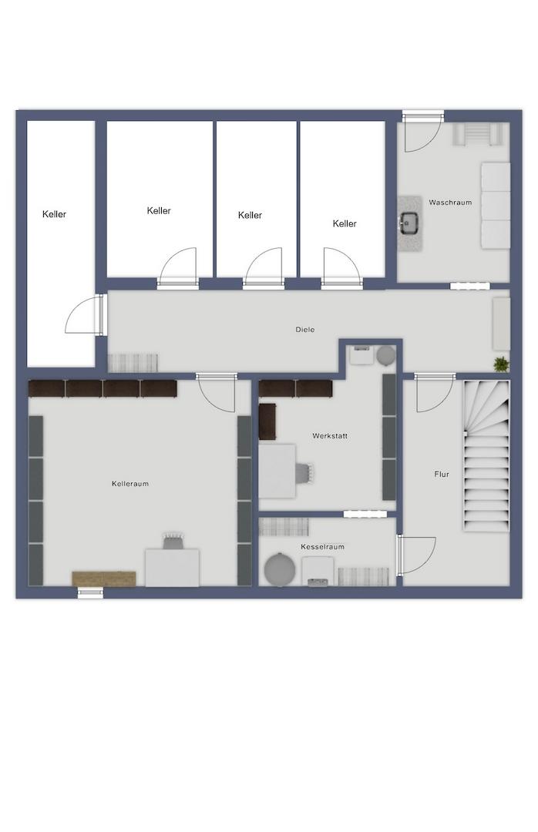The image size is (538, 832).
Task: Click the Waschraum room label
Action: click(x=450, y=202)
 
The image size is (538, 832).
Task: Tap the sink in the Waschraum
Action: click(x=410, y=223)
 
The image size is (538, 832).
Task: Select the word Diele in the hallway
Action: click(x=305, y=330)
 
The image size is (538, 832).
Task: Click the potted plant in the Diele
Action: click(x=501, y=364)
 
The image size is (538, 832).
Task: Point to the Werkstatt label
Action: click(x=330, y=435)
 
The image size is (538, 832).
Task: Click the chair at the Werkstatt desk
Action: click(x=304, y=472)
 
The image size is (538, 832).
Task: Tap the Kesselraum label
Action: click(x=322, y=546)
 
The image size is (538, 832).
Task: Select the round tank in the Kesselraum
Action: click(x=280, y=569)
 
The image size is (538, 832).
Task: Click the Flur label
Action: click(x=442, y=475)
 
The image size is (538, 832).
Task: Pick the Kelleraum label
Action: click(x=130, y=483)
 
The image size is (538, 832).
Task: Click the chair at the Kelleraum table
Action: click(x=173, y=541)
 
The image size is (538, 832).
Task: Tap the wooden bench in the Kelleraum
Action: click(x=104, y=579)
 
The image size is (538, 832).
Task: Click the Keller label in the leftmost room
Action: click(x=54, y=214)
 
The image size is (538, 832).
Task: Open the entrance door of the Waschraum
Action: click(x=422, y=132)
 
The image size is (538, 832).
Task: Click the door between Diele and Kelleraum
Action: click(x=216, y=393)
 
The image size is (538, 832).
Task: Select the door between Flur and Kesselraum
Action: click(x=416, y=555)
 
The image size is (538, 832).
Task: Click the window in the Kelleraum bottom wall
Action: click(x=90, y=593)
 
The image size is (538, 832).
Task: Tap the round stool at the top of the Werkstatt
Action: click(x=386, y=355)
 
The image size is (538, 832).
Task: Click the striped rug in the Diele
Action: click(x=133, y=363)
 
